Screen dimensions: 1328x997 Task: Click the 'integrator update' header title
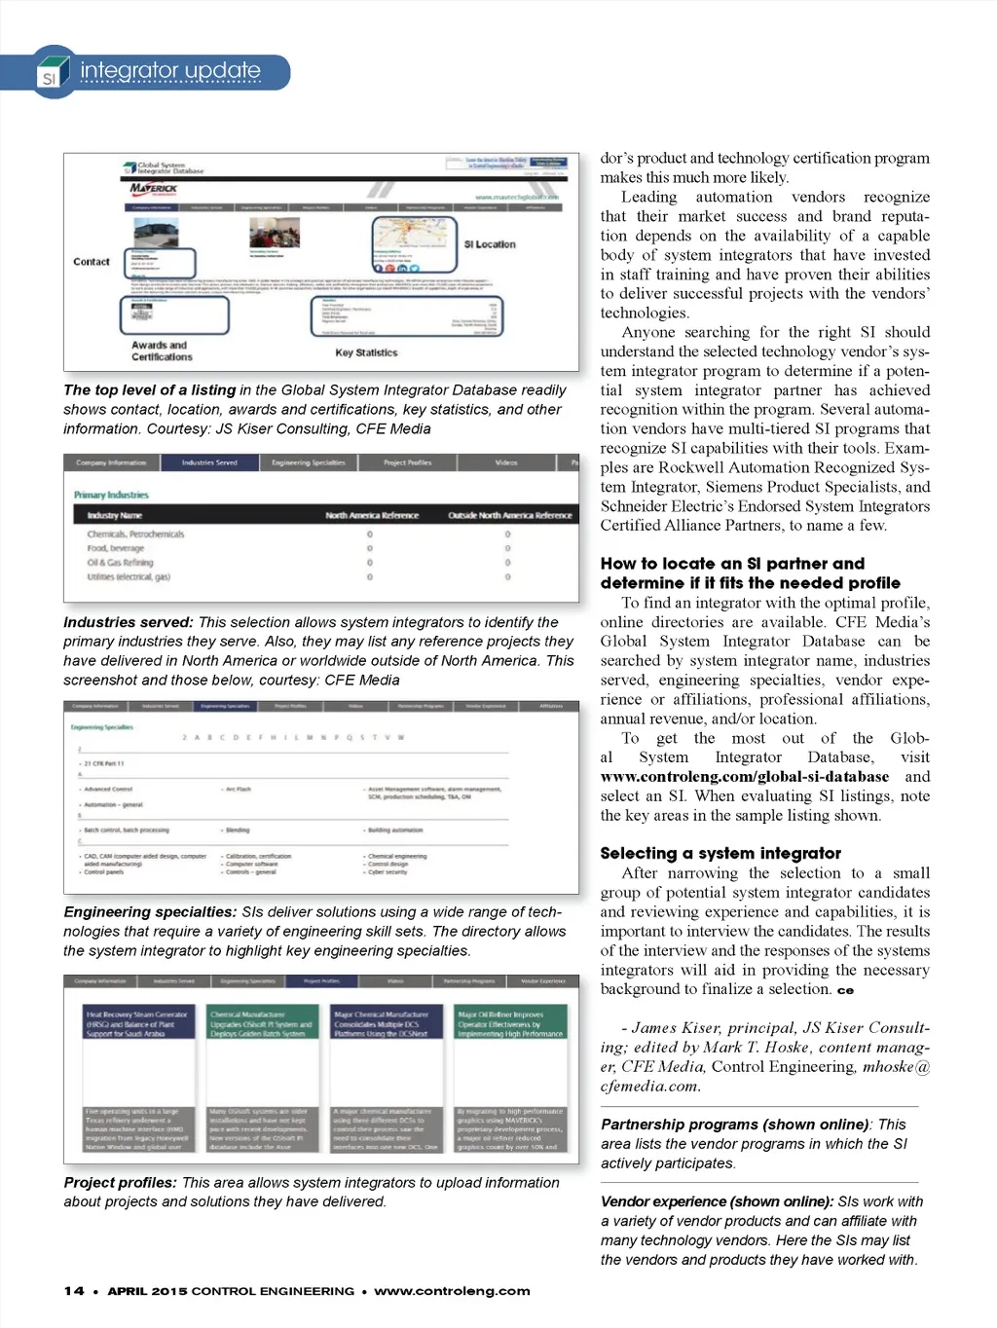click(x=170, y=70)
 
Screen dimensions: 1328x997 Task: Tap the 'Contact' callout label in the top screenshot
click(x=92, y=262)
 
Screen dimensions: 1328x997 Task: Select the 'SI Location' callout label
click(x=490, y=244)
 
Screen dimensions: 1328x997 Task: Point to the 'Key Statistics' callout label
click(x=366, y=352)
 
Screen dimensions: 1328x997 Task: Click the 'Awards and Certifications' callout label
click(x=162, y=350)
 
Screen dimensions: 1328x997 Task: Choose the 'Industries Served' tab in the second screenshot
click(x=209, y=462)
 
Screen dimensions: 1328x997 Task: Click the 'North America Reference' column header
click(x=372, y=515)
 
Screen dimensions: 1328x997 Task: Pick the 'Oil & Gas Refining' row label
click(x=120, y=563)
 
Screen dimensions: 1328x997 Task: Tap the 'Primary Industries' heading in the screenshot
click(x=111, y=495)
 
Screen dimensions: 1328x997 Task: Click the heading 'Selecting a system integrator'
click(x=720, y=853)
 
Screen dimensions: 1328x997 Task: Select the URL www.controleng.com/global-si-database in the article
click(x=745, y=777)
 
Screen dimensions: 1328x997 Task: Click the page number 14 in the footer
click(x=74, y=1291)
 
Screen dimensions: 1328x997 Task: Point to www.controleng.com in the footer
click(x=452, y=1291)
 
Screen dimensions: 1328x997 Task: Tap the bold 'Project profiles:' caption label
click(x=121, y=1183)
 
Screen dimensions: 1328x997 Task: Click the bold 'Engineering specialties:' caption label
click(x=150, y=912)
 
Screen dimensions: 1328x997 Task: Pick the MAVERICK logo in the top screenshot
click(x=154, y=188)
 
